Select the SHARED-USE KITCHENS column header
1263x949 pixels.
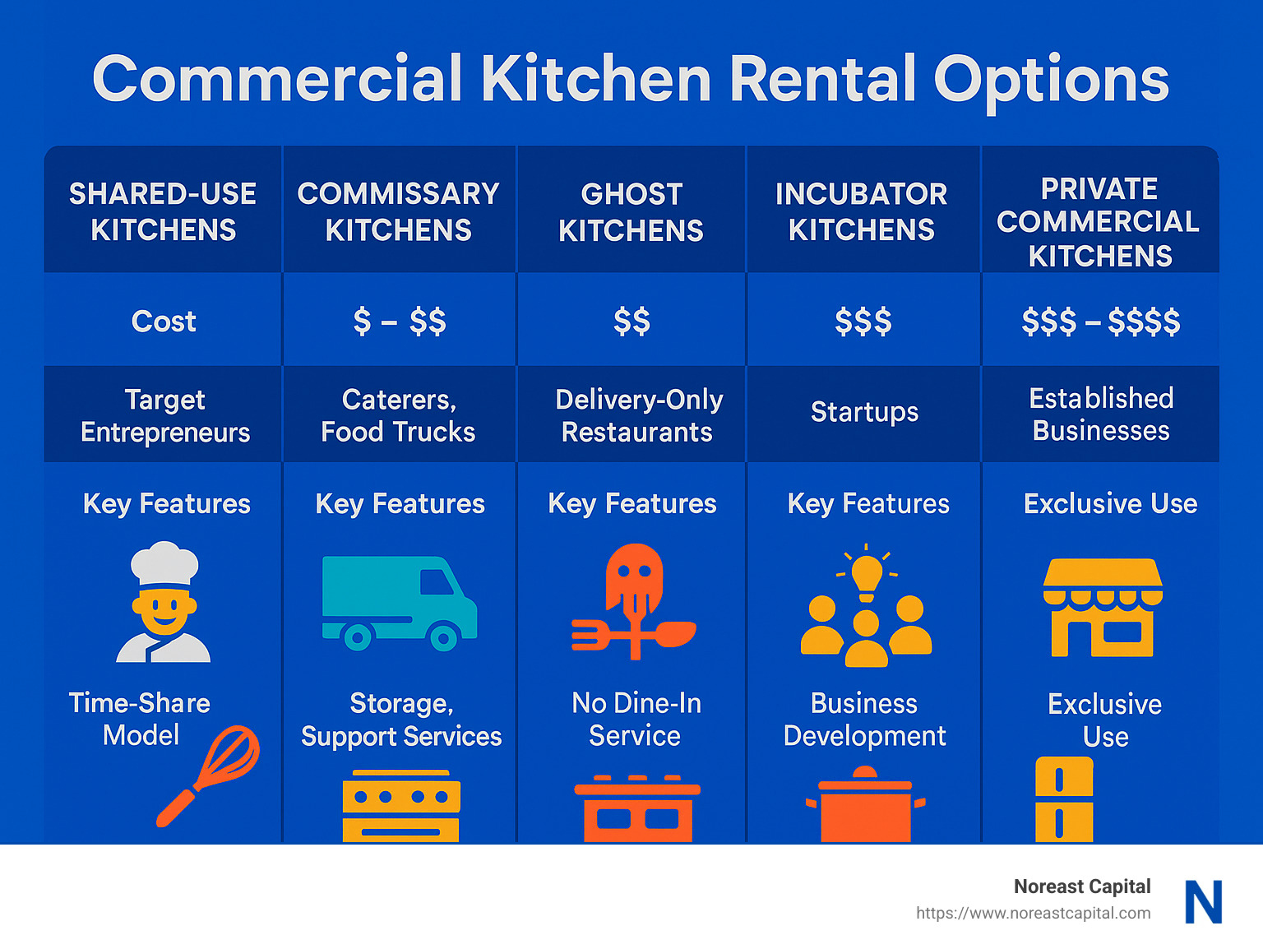[x=163, y=211]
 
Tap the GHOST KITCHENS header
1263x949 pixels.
[x=631, y=212]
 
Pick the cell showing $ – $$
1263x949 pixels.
[x=399, y=321]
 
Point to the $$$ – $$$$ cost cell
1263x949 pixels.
[x=1100, y=321]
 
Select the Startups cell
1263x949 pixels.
[x=864, y=411]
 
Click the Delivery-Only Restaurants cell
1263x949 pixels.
[x=638, y=415]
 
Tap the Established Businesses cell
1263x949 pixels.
[x=1101, y=414]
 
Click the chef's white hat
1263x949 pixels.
[x=164, y=562]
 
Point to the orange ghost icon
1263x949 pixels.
[x=633, y=576]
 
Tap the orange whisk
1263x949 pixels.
[x=210, y=773]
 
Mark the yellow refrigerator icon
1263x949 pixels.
[x=1064, y=799]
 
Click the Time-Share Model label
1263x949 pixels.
[x=140, y=719]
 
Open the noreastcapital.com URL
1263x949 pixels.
[x=1033, y=913]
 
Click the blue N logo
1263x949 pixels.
[x=1203, y=901]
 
